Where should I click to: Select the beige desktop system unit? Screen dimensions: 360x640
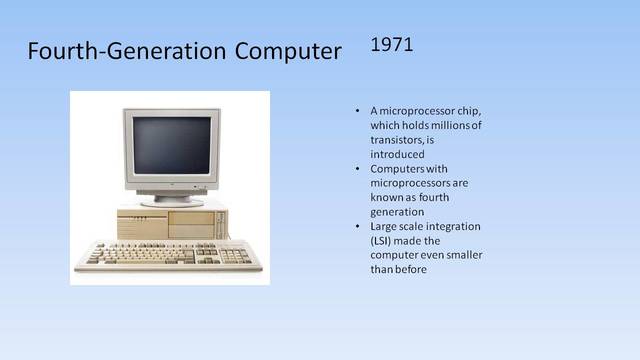tap(168, 222)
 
